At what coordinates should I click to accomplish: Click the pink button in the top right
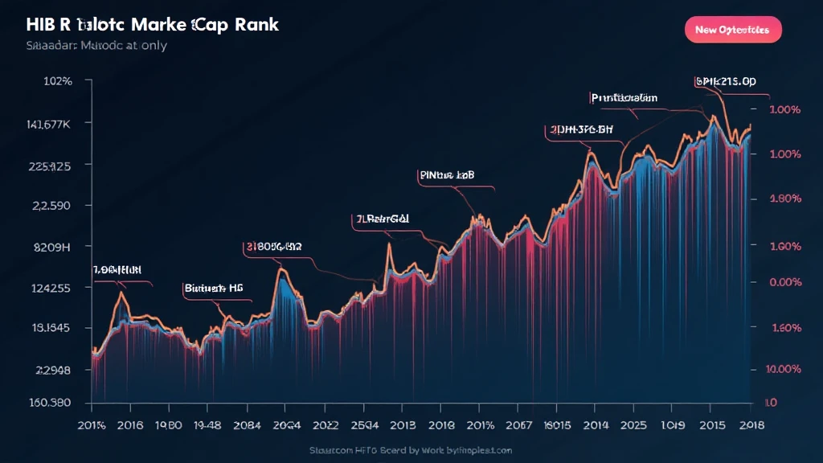point(732,30)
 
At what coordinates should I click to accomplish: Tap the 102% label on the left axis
point(57,81)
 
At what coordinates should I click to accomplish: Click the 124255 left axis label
point(50,288)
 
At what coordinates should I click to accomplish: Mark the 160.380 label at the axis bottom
point(50,403)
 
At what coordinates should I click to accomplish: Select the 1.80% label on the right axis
point(786,199)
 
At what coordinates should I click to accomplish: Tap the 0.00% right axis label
point(786,282)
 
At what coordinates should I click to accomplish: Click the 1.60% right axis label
point(786,328)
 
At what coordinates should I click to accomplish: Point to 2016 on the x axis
point(137,426)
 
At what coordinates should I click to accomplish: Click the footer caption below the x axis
point(411,450)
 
